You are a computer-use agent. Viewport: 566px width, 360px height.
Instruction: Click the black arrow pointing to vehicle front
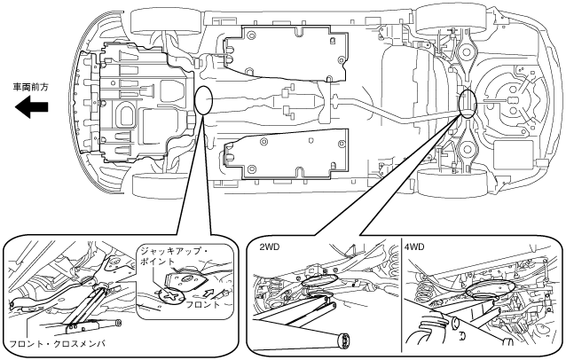[31, 107]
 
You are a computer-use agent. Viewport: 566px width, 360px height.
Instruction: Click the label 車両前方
[30, 87]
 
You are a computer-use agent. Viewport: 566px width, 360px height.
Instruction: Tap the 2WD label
[270, 247]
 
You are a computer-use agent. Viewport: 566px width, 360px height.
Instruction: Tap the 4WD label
[414, 247]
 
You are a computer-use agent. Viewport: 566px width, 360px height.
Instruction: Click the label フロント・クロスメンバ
[58, 343]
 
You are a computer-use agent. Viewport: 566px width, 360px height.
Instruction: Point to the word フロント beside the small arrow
[202, 304]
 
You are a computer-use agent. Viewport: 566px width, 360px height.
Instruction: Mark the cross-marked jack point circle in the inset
[171, 295]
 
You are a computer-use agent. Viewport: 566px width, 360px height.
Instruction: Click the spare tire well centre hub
[512, 100]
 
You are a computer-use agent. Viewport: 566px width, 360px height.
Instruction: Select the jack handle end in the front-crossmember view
[118, 323]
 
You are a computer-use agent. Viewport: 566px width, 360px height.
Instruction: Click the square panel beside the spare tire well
[513, 155]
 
